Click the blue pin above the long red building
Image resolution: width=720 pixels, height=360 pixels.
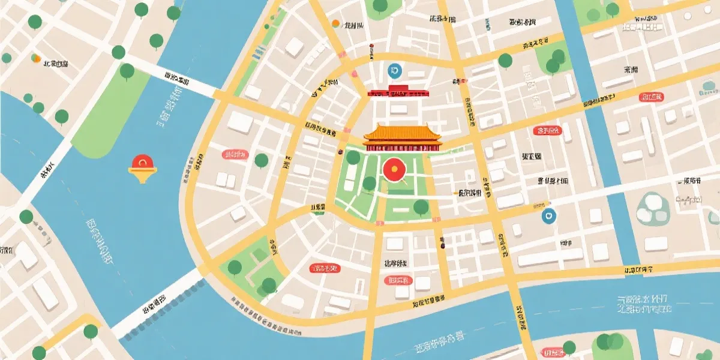[x=394, y=71]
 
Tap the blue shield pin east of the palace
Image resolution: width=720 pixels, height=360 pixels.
[x=548, y=216]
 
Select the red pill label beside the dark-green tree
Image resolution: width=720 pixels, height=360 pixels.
[x=235, y=154]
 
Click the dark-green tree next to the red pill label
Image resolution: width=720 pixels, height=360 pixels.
[x=261, y=160]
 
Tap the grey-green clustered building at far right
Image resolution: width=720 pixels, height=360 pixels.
[x=653, y=208]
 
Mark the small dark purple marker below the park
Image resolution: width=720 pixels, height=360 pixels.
[x=442, y=245]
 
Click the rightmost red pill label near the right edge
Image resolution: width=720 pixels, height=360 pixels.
[x=651, y=97]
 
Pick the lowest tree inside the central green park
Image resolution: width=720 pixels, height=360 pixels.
[x=421, y=208]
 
